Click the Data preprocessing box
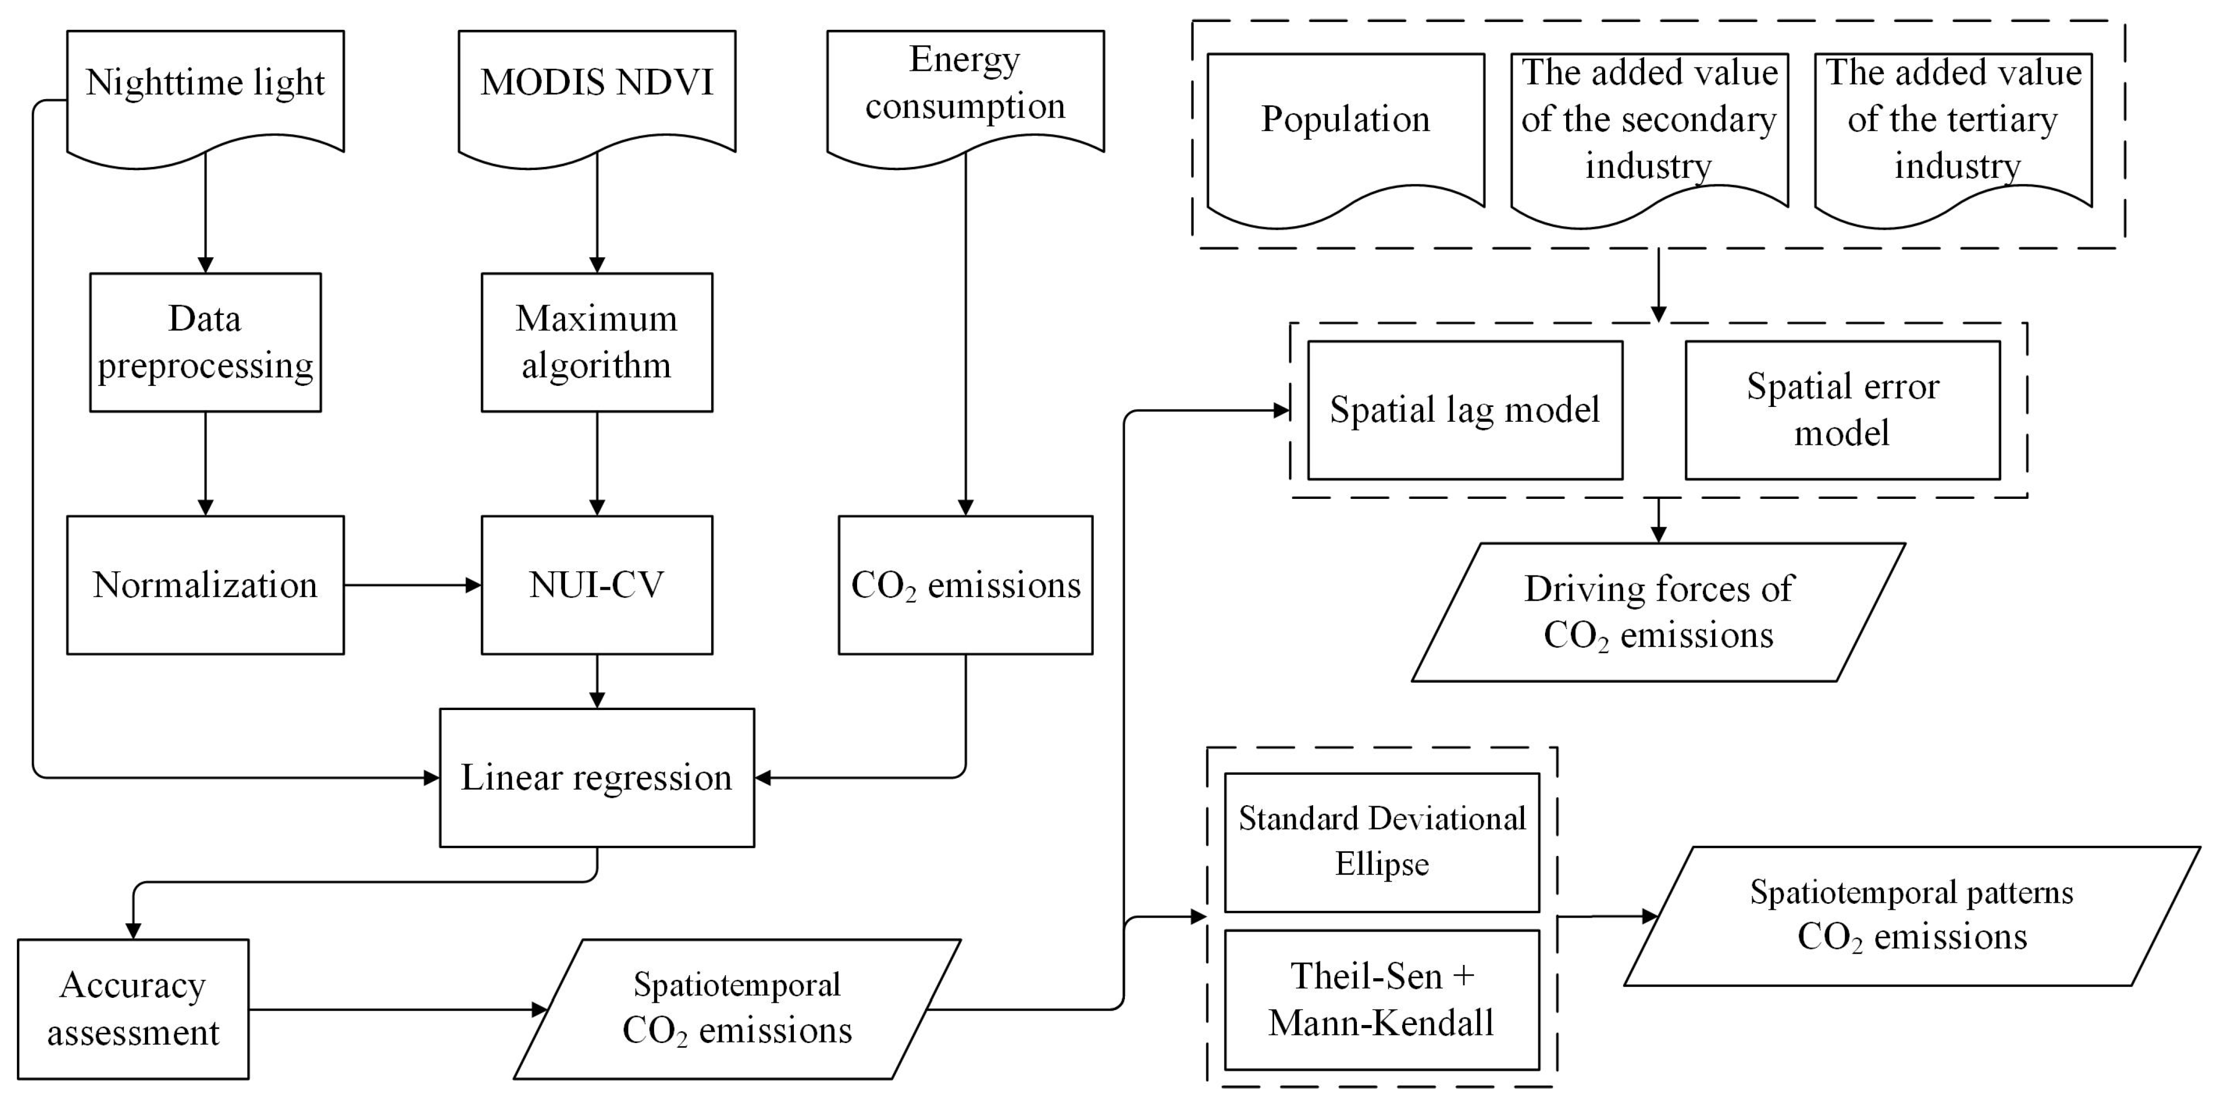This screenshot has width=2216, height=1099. [x=205, y=342]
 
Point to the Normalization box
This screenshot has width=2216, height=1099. [x=205, y=585]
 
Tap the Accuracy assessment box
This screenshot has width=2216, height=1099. [x=133, y=1008]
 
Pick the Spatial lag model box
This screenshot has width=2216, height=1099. [x=1464, y=410]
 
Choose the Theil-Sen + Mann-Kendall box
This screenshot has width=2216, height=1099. [x=1382, y=999]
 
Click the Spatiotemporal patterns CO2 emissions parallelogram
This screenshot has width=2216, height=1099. [x=1912, y=916]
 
